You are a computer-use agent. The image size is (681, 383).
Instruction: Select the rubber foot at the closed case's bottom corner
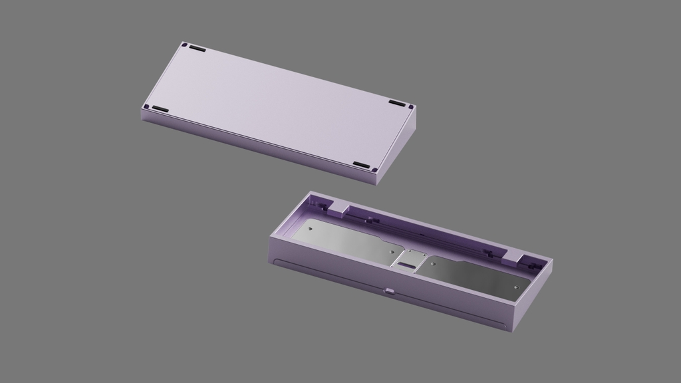point(360,164)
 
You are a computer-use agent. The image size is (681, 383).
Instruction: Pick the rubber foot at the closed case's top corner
point(197,48)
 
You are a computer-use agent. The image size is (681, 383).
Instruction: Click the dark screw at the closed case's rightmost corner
point(411,106)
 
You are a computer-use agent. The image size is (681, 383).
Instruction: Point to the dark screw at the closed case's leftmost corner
point(146,106)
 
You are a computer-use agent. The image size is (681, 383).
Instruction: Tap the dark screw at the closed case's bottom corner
point(375,170)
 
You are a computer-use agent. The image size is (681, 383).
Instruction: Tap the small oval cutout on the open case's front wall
point(389,289)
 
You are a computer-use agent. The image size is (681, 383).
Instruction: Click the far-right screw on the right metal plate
point(515,287)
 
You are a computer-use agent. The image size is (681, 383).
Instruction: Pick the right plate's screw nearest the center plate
point(434,263)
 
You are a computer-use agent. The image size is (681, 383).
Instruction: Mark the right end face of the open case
point(533,296)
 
